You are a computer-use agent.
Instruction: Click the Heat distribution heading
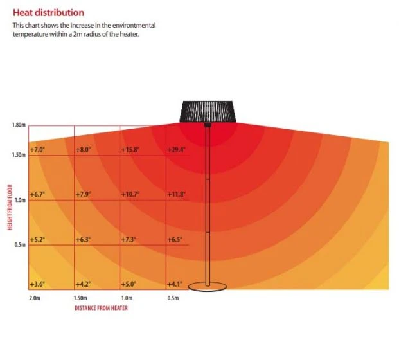(x=48, y=12)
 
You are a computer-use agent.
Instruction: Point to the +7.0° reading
(x=38, y=149)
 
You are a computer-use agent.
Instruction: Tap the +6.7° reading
(x=38, y=194)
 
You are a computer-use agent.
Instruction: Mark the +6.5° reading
(x=175, y=239)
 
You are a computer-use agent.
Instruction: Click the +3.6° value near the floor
(x=38, y=283)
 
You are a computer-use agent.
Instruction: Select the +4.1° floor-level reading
(x=175, y=283)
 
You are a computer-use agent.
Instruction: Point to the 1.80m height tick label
(x=18, y=125)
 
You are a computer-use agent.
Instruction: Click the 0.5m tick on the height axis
(x=19, y=245)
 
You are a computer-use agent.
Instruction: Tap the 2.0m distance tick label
(x=35, y=298)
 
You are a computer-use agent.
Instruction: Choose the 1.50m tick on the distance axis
(x=80, y=298)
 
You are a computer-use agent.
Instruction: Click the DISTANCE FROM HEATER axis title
(x=101, y=309)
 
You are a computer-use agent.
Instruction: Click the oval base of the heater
(x=208, y=287)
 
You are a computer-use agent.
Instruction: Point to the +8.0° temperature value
(x=84, y=149)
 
